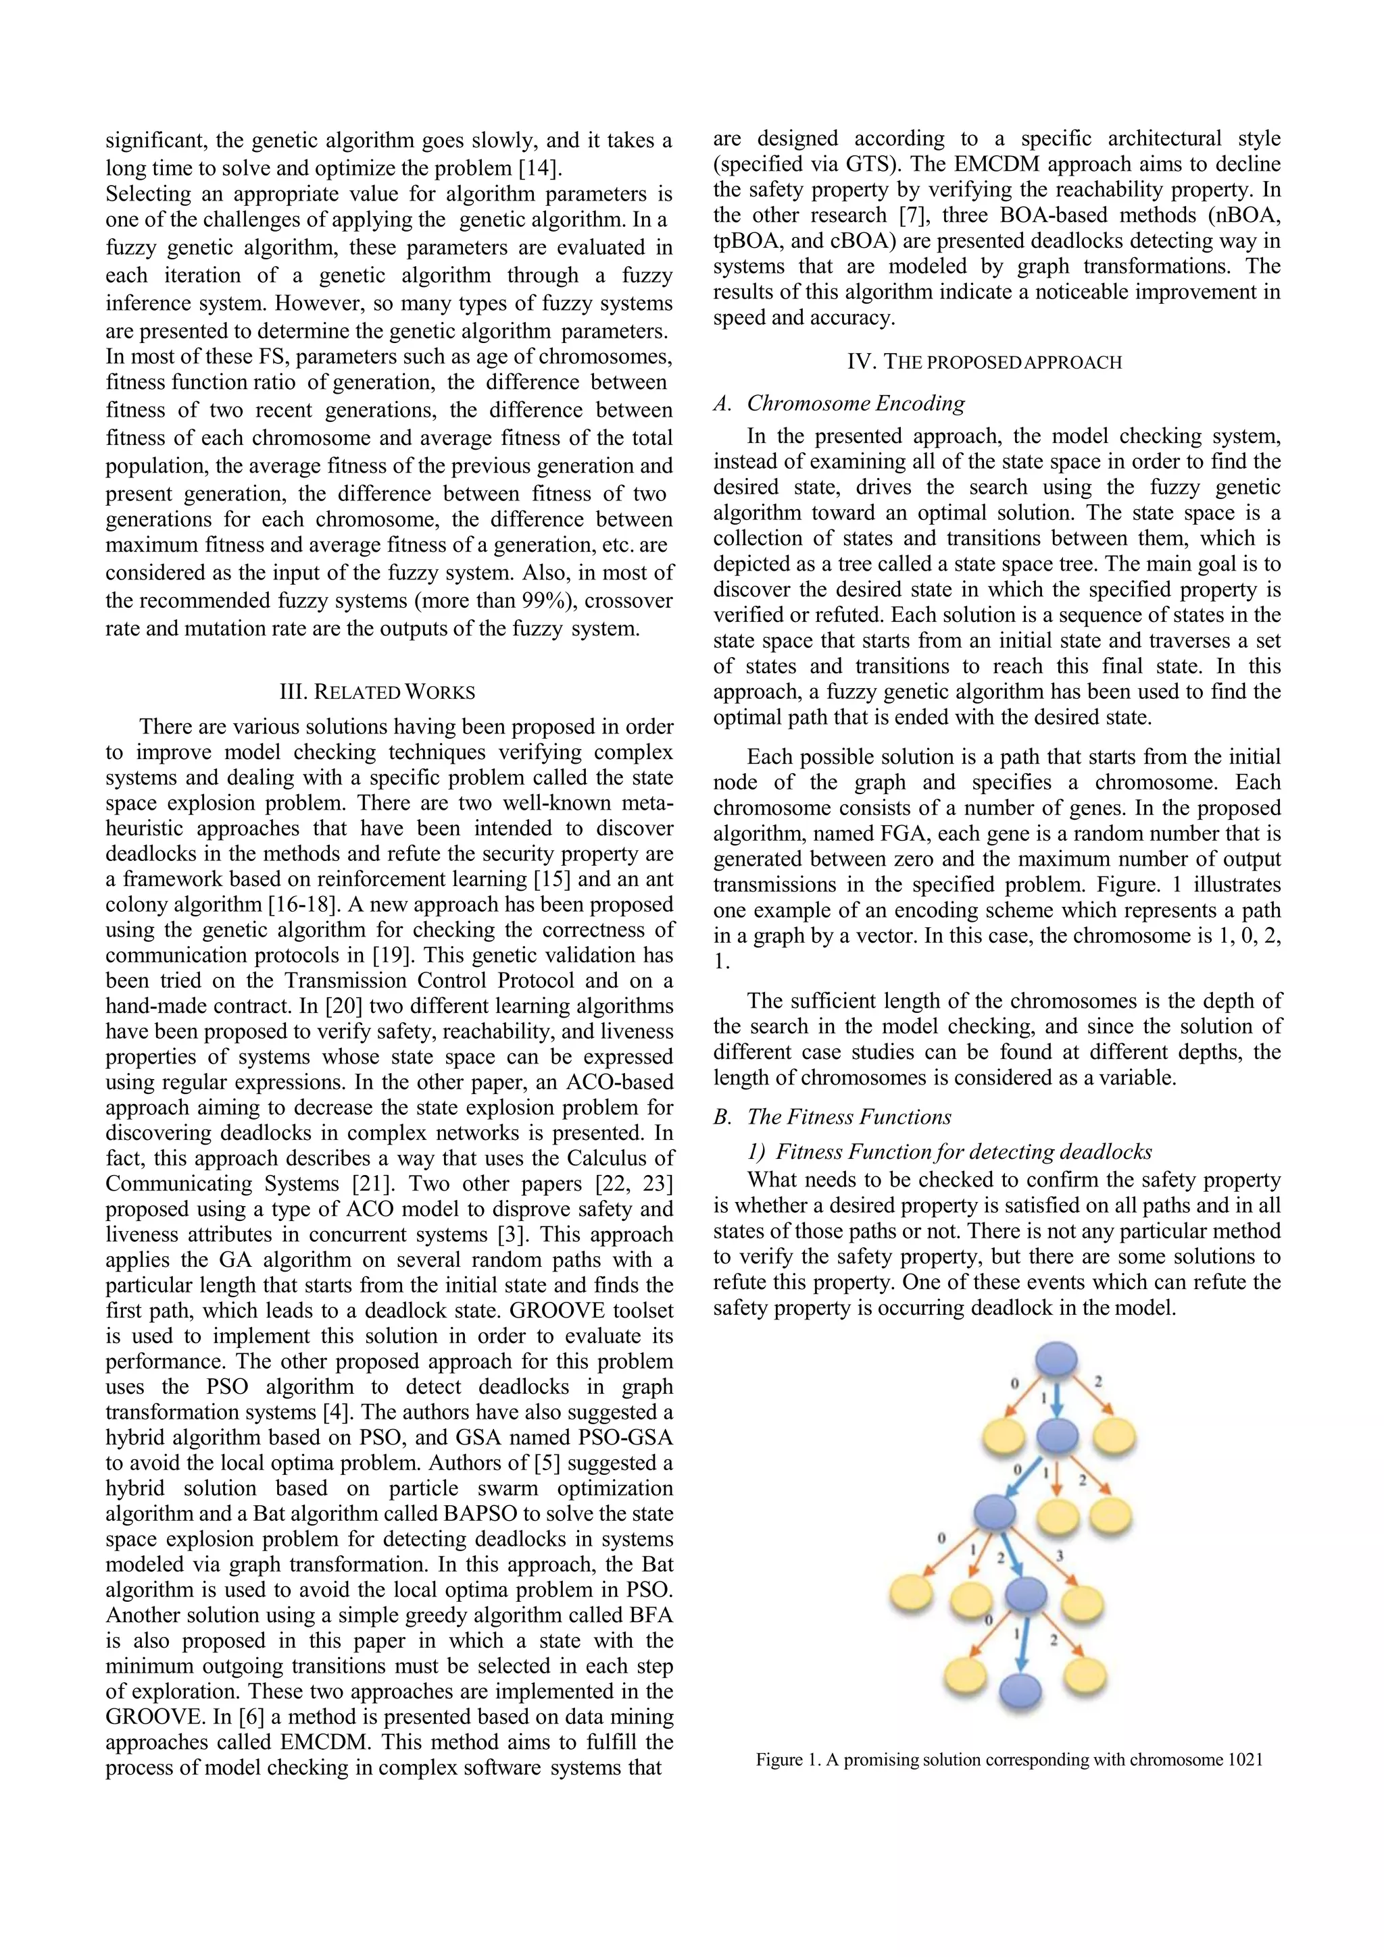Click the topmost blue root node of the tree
pyautogui.click(x=1056, y=1358)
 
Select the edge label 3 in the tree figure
pyautogui.click(x=1059, y=1556)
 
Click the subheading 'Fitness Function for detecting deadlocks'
pyautogui.click(x=964, y=1152)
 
